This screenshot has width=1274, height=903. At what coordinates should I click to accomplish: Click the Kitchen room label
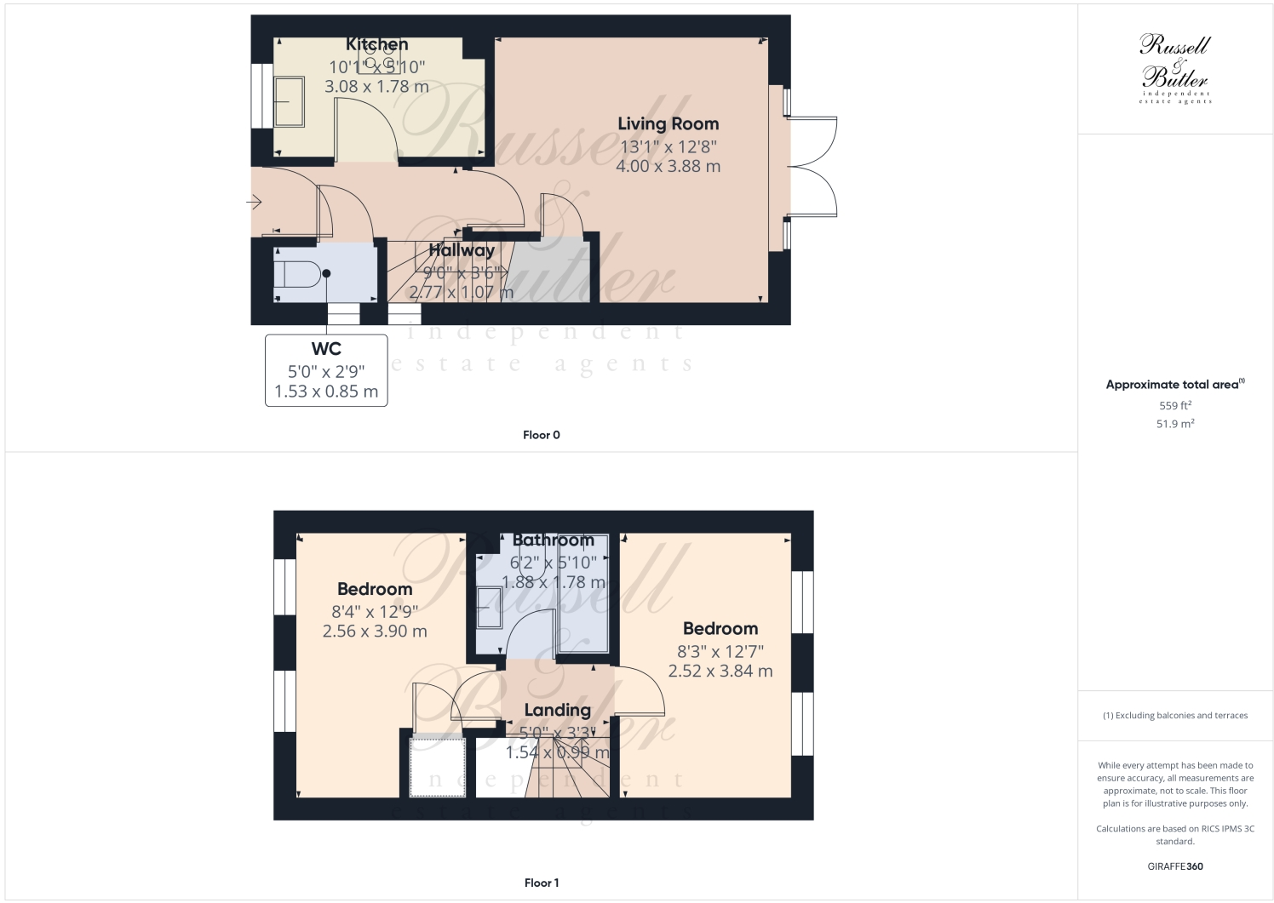click(x=376, y=44)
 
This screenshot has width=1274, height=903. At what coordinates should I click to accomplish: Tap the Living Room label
click(x=668, y=124)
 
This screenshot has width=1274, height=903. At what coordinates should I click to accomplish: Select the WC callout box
click(x=326, y=370)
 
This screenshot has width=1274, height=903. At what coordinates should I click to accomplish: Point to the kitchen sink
click(x=290, y=102)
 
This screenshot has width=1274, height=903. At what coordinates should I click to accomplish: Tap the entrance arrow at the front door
click(x=254, y=203)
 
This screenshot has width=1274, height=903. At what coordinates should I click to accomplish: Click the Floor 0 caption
click(x=542, y=435)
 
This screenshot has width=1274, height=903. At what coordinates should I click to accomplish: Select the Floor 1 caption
click(x=542, y=883)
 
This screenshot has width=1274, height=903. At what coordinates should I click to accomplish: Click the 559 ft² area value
click(x=1175, y=406)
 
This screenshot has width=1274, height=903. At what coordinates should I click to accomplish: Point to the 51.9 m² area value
click(x=1175, y=424)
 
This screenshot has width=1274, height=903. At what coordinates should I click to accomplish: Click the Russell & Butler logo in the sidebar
click(x=1175, y=68)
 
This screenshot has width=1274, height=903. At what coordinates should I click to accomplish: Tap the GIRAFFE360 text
click(x=1175, y=866)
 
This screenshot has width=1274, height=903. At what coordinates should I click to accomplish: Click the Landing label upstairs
click(x=557, y=710)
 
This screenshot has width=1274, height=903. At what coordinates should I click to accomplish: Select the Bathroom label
click(x=554, y=540)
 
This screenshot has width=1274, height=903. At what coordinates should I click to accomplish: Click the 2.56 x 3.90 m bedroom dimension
click(x=375, y=632)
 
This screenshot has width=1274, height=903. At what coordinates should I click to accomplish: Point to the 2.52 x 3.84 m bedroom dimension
click(x=720, y=671)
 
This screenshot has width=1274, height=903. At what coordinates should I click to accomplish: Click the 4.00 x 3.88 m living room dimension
click(x=668, y=167)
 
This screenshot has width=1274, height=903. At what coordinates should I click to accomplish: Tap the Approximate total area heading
click(x=1174, y=385)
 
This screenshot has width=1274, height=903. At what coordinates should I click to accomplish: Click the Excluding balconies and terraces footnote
click(x=1175, y=716)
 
